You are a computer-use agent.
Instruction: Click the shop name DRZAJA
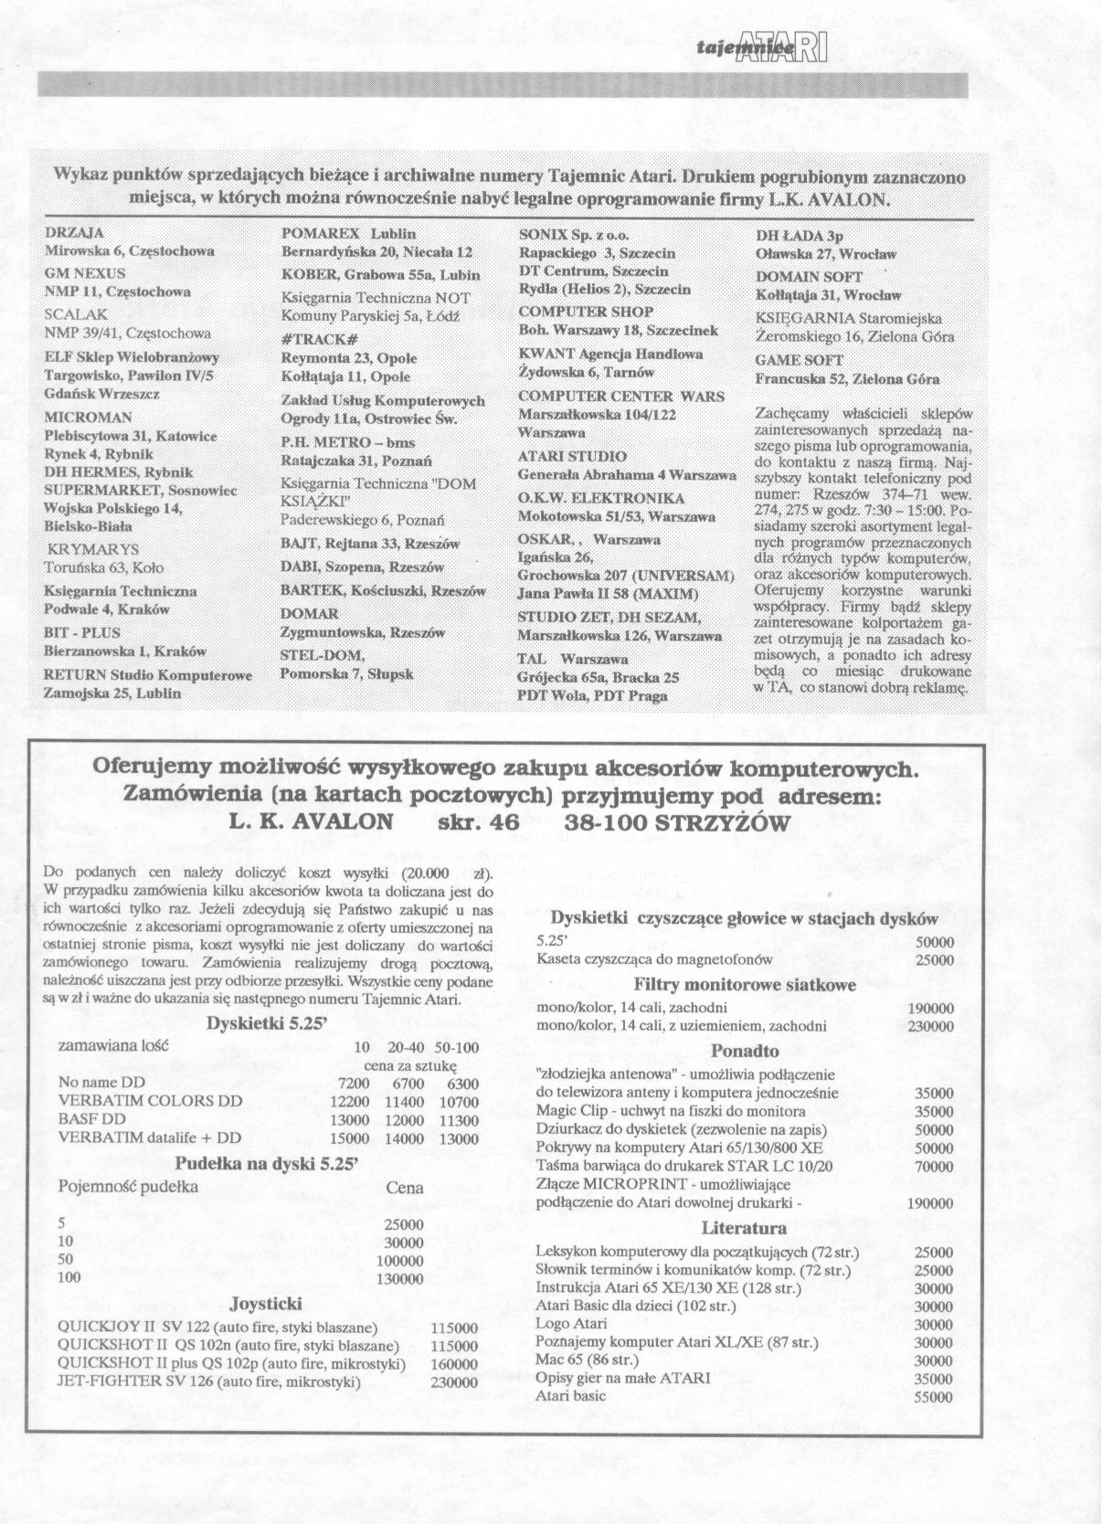click(74, 232)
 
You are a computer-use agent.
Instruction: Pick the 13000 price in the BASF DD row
click(349, 1120)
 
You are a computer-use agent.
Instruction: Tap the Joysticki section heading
click(266, 1303)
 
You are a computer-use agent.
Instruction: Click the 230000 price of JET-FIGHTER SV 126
click(453, 1382)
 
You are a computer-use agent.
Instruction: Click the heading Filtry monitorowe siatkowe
click(745, 985)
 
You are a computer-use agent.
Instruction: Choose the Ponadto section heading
click(745, 1051)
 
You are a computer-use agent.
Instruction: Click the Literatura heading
click(744, 1228)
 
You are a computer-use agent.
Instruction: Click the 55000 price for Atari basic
click(933, 1398)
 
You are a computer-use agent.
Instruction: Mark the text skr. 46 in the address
click(472, 822)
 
